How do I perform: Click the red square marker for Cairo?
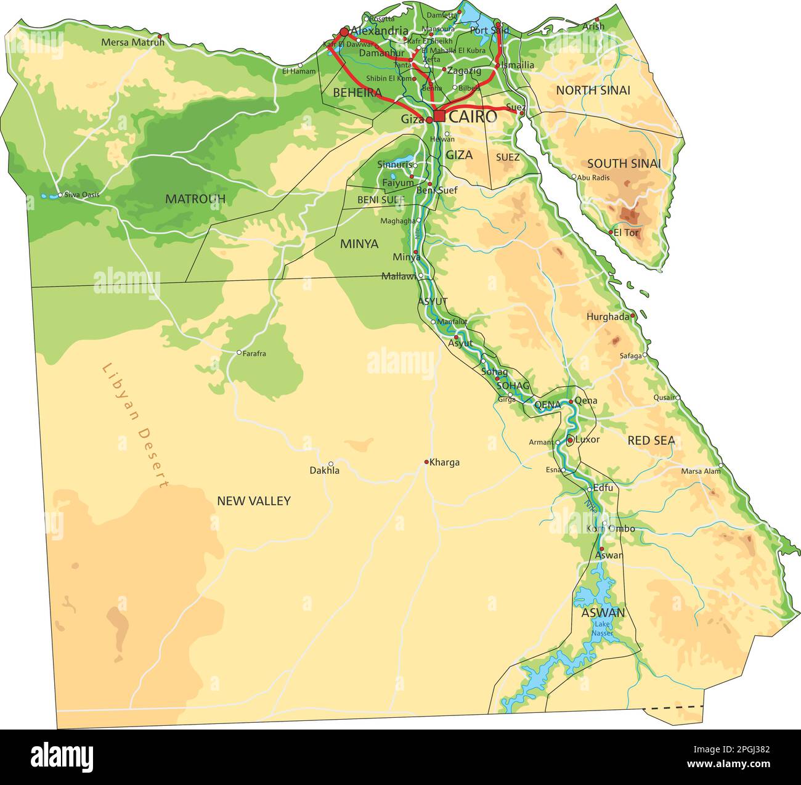pyautogui.click(x=439, y=116)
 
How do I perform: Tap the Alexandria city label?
pyautogui.click(x=379, y=31)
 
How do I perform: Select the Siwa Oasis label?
pyautogui.click(x=82, y=195)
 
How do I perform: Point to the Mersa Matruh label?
pyautogui.click(x=132, y=43)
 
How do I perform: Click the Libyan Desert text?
pyautogui.click(x=135, y=426)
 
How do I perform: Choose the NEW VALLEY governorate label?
pyautogui.click(x=253, y=501)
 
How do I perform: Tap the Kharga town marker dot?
pyautogui.click(x=426, y=462)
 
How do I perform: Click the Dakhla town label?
pyautogui.click(x=324, y=471)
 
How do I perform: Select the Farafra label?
pyautogui.click(x=254, y=354)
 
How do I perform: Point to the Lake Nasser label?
pyautogui.click(x=603, y=629)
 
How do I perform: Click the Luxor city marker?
pyautogui.click(x=570, y=440)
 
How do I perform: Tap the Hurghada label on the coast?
pyautogui.click(x=608, y=317)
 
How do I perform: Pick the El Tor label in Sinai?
pyautogui.click(x=627, y=232)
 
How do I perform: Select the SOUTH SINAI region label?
pyautogui.click(x=624, y=163)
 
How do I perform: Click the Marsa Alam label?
pyautogui.click(x=701, y=471)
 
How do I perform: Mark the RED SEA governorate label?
pyautogui.click(x=651, y=441)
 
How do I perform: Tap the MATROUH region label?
pyautogui.click(x=195, y=199)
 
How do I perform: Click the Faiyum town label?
pyautogui.click(x=397, y=183)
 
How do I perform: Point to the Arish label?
pyautogui.click(x=593, y=26)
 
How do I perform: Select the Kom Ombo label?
pyautogui.click(x=611, y=529)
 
